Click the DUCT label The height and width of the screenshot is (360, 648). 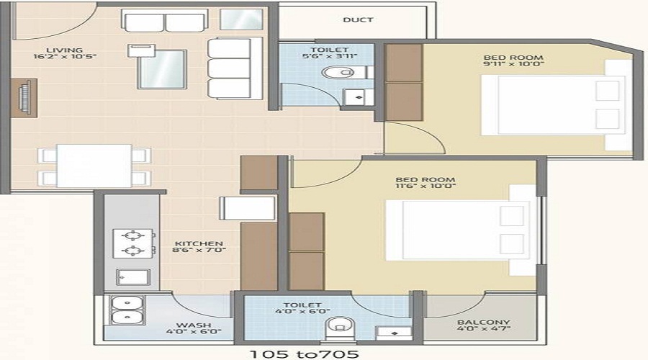[x=358, y=19]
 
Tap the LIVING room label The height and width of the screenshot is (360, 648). [x=65, y=50]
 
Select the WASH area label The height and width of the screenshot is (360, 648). [x=194, y=325]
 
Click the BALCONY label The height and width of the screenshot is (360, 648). [x=484, y=323]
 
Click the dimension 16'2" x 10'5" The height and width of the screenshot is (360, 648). [x=65, y=57]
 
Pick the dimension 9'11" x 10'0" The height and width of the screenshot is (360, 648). [x=513, y=64]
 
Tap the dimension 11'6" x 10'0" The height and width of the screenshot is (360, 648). [x=426, y=186]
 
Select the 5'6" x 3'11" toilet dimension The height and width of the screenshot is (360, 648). [x=329, y=56]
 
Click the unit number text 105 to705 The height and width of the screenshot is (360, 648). [x=304, y=354]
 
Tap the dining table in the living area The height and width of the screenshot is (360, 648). [x=94, y=166]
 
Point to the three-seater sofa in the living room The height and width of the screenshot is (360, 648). [x=234, y=68]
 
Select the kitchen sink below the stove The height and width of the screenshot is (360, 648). [x=133, y=277]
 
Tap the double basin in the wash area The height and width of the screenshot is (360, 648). [x=127, y=310]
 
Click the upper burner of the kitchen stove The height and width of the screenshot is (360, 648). [x=133, y=235]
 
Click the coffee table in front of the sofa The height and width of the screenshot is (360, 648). [x=162, y=69]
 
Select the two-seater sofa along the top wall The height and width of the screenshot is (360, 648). [x=164, y=21]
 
